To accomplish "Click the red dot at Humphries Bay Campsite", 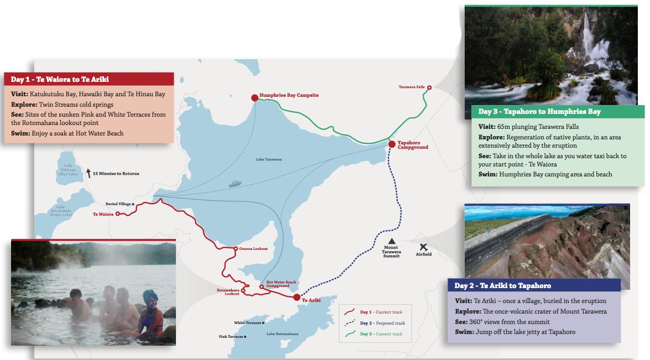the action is point(254,98).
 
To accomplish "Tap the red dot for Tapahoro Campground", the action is point(392,144).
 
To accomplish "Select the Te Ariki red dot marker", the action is point(297,297).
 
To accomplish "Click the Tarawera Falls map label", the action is point(412,87).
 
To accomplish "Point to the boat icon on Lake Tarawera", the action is point(235,184).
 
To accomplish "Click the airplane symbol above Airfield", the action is point(423,247).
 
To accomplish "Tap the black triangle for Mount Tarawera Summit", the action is point(392,241).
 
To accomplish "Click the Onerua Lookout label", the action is point(253,248).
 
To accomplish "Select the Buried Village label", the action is point(118,204).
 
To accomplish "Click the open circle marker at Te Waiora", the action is point(118,214).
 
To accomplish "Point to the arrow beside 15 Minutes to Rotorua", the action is point(89,173).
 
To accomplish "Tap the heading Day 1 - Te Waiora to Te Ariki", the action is point(60,79).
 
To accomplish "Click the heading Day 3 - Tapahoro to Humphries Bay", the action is point(539,112).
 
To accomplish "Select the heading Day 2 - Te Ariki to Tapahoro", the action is point(502,285).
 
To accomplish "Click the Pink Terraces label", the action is point(231,336).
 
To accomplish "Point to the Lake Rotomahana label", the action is point(282,333).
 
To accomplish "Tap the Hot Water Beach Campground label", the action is point(281,284).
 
